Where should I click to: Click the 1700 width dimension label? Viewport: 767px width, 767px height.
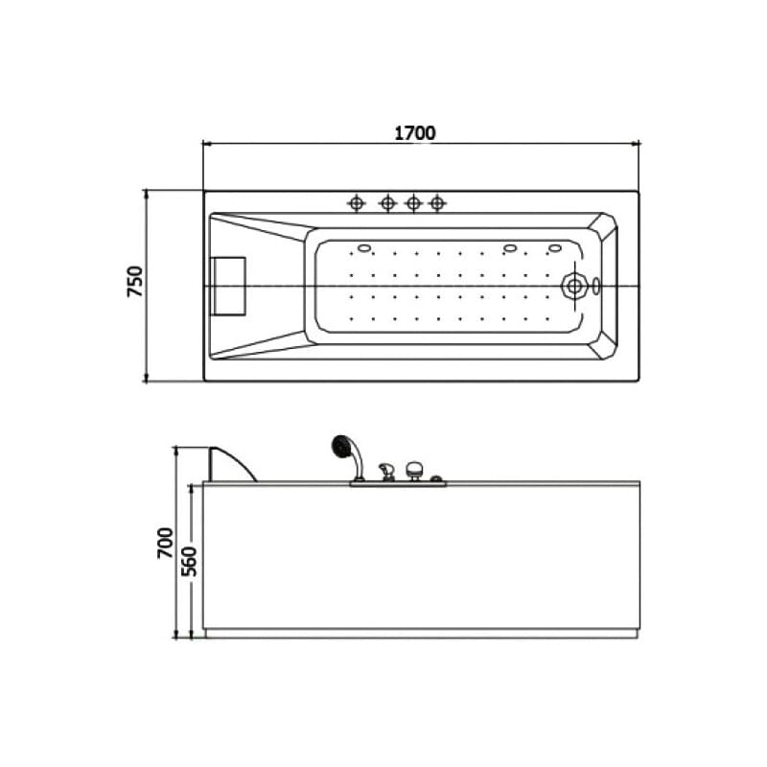click(x=415, y=133)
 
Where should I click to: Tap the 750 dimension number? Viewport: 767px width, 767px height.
click(x=135, y=281)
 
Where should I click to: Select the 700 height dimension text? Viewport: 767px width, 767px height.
click(x=165, y=543)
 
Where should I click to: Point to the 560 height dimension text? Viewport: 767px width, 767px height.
click(x=189, y=561)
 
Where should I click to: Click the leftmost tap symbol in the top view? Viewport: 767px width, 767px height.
click(x=357, y=202)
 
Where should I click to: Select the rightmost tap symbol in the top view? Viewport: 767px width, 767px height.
click(x=437, y=202)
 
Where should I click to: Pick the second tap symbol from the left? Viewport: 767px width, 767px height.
click(x=387, y=202)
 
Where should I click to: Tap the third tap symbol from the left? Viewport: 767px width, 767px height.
click(x=413, y=202)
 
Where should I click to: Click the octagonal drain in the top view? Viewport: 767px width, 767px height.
click(x=574, y=286)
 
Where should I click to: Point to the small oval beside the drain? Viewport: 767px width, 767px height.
click(x=595, y=286)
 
